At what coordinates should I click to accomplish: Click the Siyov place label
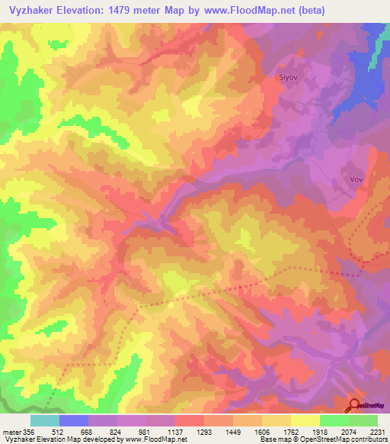(x=286, y=78)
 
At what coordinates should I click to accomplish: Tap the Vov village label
(x=355, y=180)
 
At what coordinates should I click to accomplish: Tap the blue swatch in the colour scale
(x=73, y=420)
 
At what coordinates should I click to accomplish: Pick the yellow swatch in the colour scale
(x=305, y=420)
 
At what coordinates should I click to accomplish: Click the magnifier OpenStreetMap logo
(x=355, y=406)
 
